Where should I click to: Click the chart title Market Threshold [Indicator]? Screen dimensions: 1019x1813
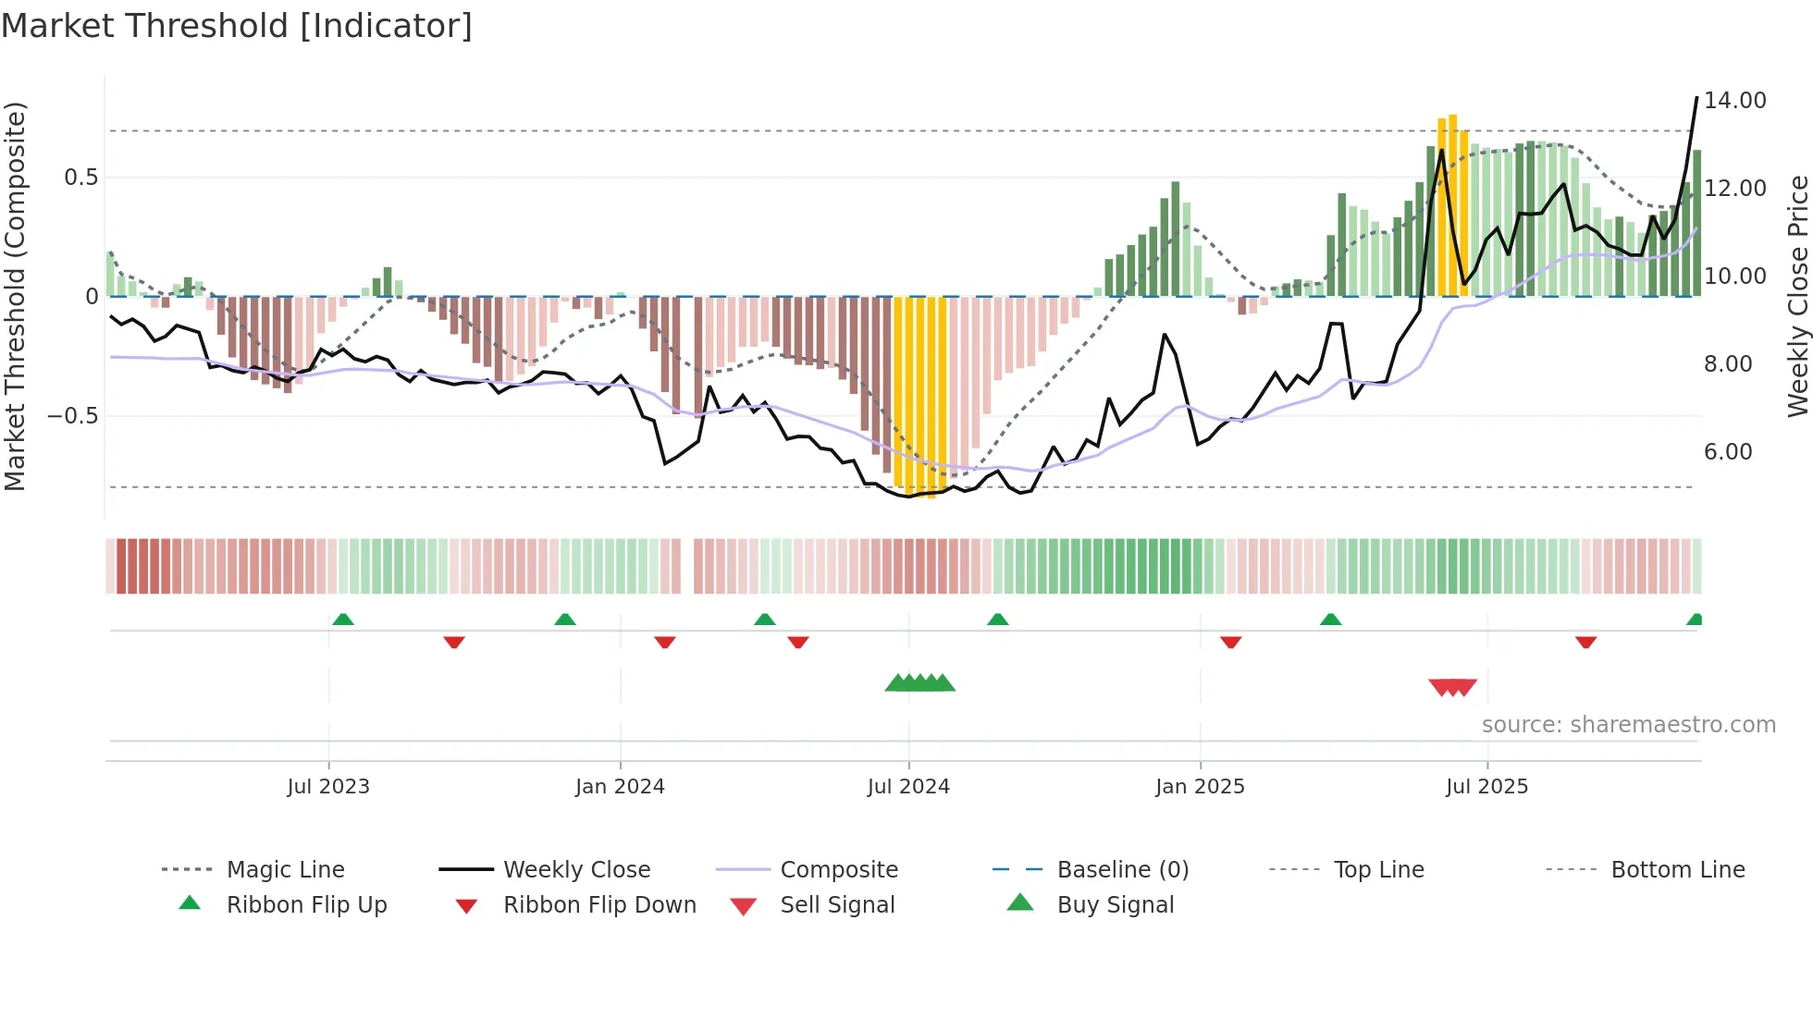click(237, 26)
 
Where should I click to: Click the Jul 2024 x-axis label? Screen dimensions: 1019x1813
click(908, 787)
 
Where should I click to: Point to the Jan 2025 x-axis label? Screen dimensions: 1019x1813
click(1200, 787)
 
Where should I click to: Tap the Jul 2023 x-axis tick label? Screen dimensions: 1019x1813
click(328, 787)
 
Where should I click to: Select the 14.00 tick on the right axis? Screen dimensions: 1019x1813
click(1734, 101)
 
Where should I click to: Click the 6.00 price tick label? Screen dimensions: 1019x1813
click(1728, 452)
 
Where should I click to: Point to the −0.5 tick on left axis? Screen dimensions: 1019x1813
click(73, 416)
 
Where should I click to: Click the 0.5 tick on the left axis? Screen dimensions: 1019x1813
click(80, 178)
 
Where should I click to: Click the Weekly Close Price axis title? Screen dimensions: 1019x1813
click(1797, 296)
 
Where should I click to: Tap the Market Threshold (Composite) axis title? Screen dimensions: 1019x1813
click(15, 296)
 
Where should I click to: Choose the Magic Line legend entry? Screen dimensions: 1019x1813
click(285, 870)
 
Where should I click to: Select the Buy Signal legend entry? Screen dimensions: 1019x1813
click(1115, 905)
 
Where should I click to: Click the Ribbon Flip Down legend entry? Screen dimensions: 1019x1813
click(598, 905)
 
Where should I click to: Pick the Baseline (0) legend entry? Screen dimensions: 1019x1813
click(1122, 870)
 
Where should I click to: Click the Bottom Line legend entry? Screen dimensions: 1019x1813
click(1677, 870)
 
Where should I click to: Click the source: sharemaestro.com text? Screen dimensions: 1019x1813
click(1628, 725)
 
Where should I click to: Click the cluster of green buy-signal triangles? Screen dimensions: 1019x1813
click(919, 683)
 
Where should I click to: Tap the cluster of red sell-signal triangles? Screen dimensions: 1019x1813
click(1452, 687)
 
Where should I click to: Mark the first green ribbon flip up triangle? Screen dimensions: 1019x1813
click(343, 619)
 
